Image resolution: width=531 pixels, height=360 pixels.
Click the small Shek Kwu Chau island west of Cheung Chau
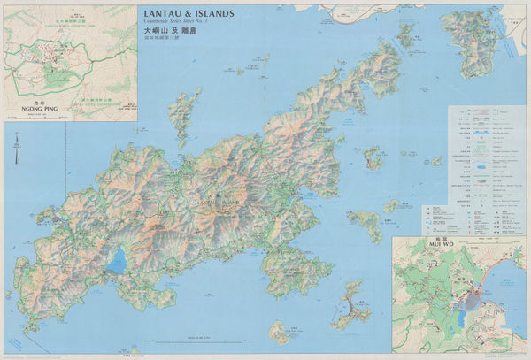tap(280, 333)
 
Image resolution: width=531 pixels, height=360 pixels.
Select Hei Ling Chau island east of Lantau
tap(365, 224)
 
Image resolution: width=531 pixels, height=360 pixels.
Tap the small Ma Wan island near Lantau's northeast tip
tap(405, 35)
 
